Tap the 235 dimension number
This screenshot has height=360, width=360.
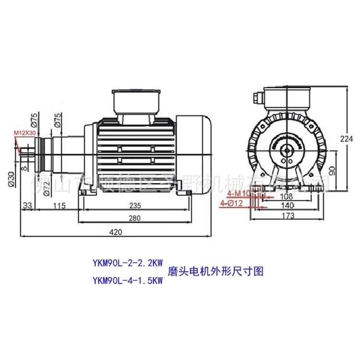[x=135, y=205]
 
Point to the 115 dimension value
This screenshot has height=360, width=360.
[x=59, y=205]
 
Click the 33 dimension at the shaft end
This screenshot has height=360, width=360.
[x=26, y=205]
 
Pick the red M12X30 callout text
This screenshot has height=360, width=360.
[x=25, y=132]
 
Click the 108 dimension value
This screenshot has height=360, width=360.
[x=287, y=196]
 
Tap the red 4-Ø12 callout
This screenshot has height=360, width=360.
[x=231, y=203]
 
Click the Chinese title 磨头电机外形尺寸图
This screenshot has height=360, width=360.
[x=216, y=271]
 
